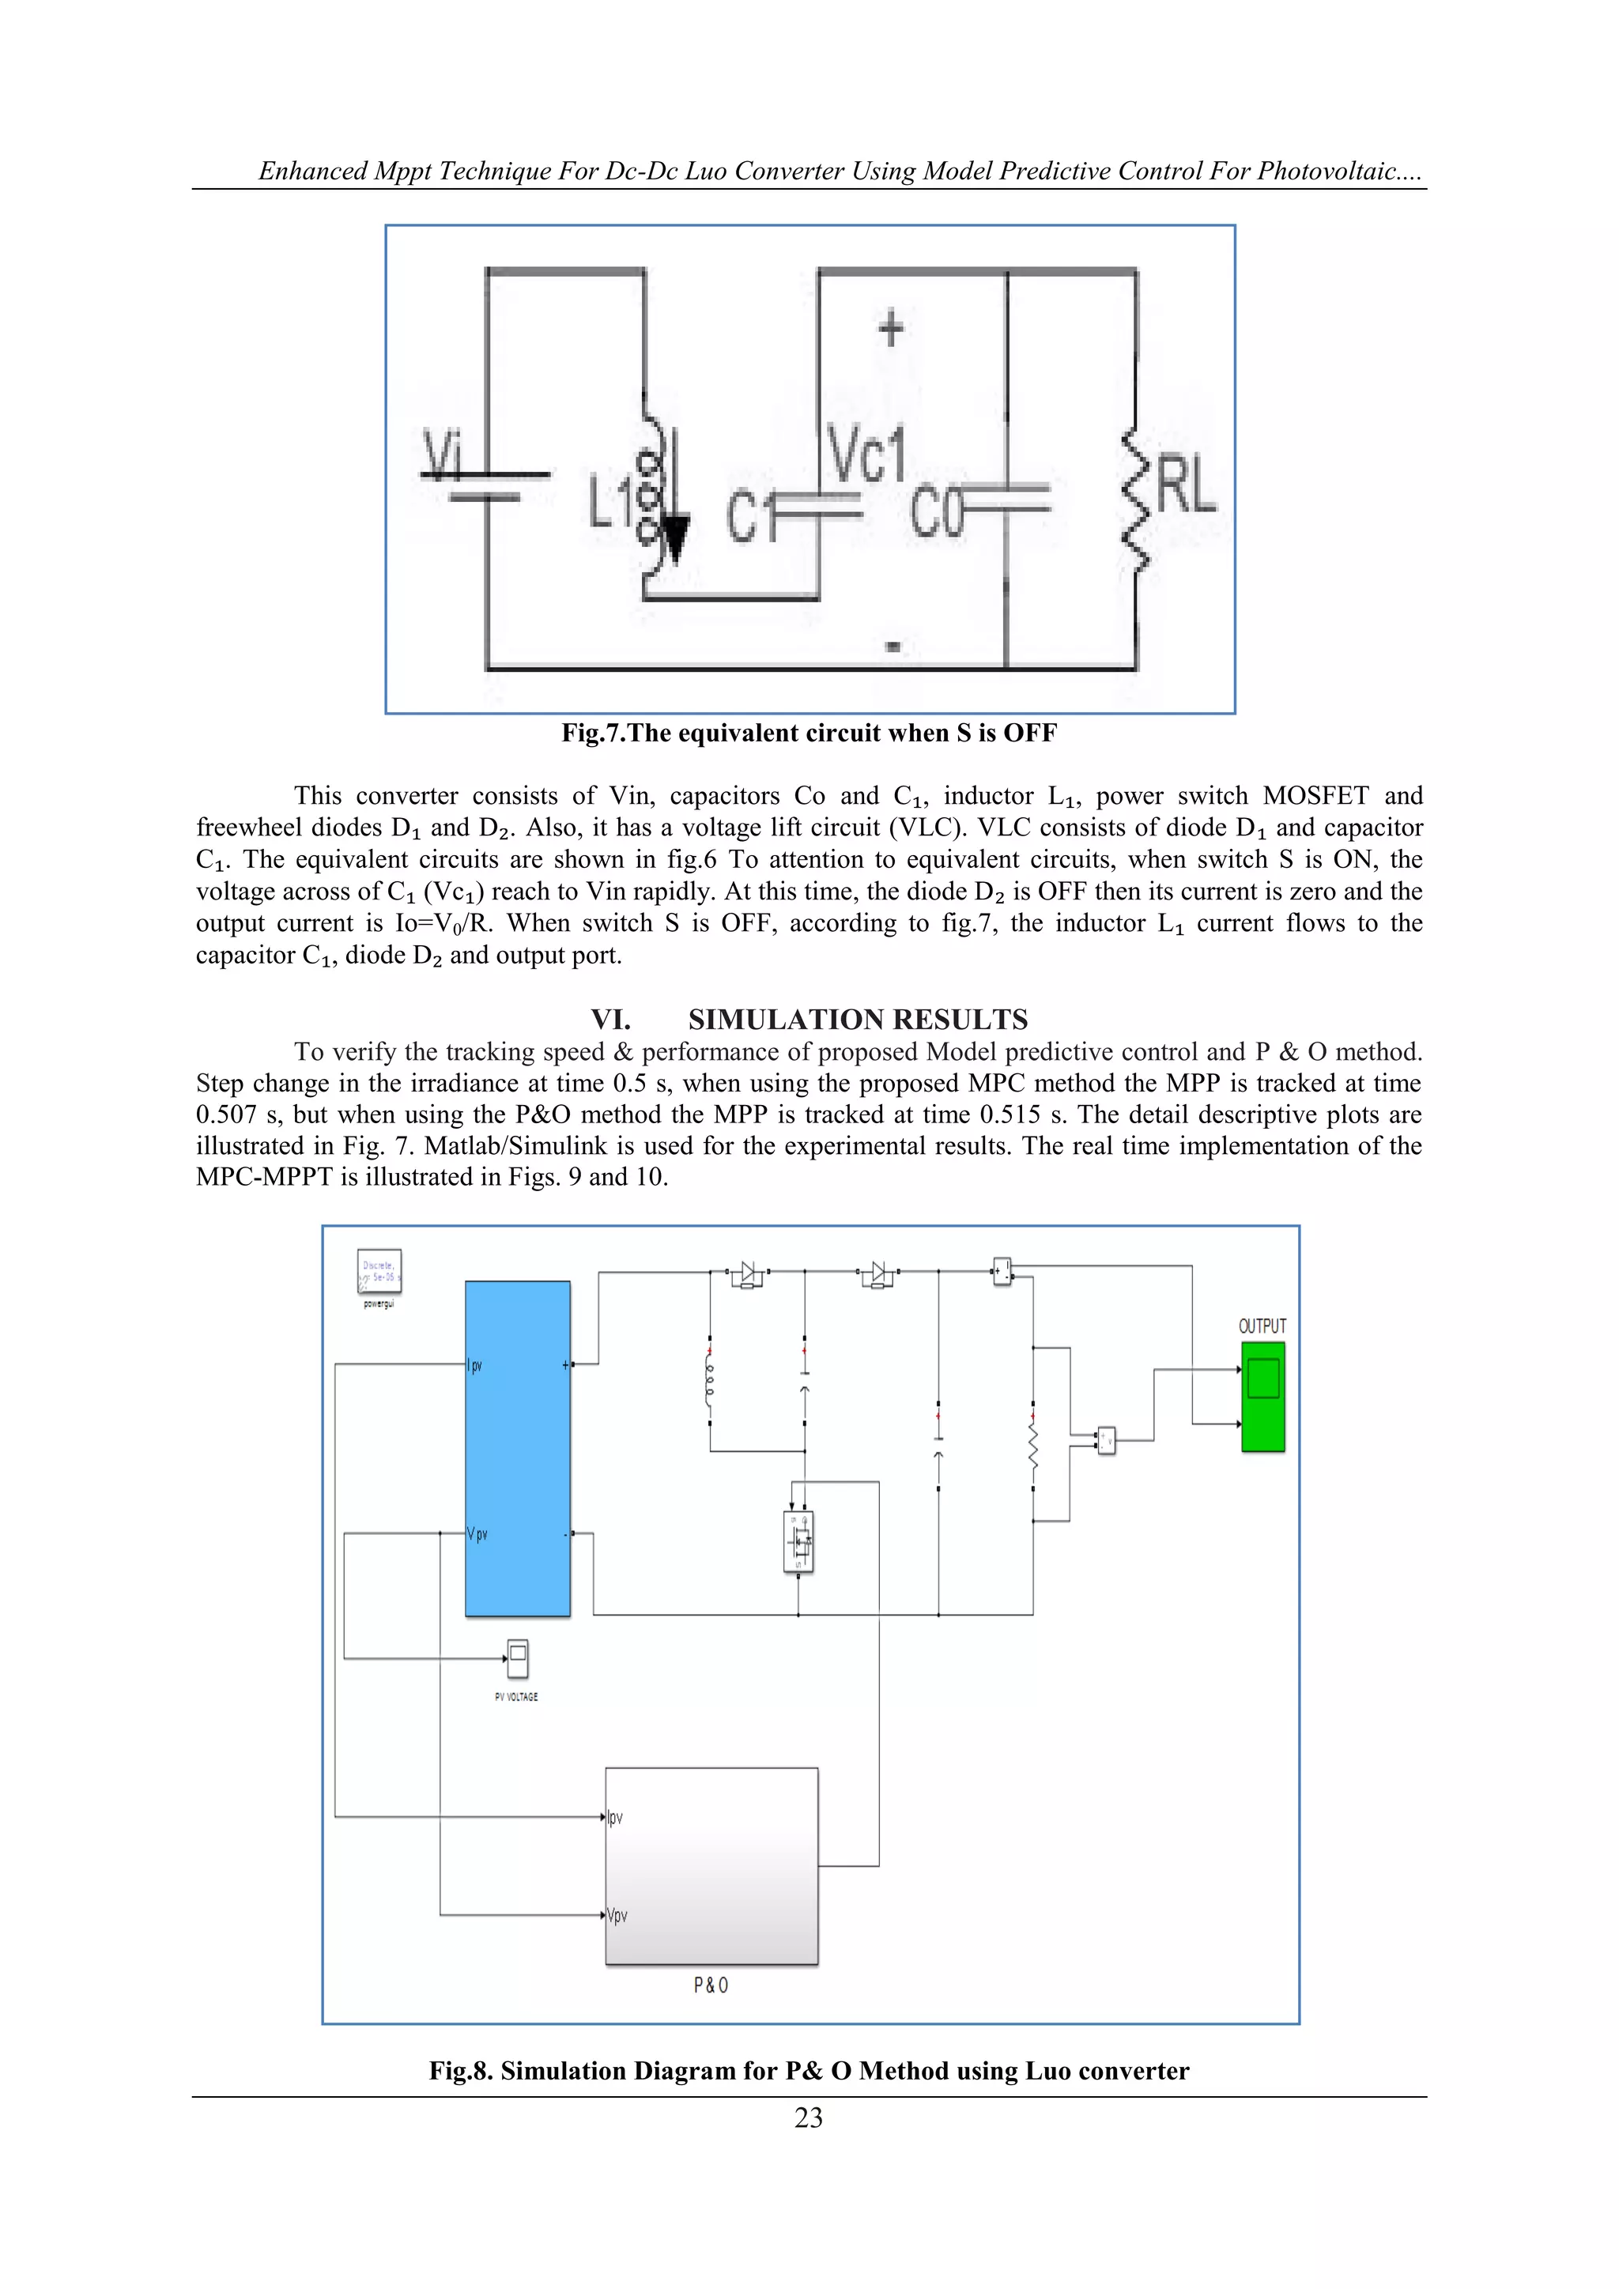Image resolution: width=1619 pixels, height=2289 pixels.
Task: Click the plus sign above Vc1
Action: click(890, 328)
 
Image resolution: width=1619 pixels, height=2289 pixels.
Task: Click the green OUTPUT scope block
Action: click(1262, 1396)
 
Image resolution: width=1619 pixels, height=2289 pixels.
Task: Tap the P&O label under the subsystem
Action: click(711, 1985)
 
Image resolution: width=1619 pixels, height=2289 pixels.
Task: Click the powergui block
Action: click(379, 1271)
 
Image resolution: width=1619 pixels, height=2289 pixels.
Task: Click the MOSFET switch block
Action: click(798, 1542)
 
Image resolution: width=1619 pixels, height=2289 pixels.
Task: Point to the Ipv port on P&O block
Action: click(615, 1817)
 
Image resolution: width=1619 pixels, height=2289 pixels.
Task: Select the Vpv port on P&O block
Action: click(617, 1915)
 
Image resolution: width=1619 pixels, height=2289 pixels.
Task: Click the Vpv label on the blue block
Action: click(477, 1534)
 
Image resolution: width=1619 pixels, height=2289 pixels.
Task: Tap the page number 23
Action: click(809, 2117)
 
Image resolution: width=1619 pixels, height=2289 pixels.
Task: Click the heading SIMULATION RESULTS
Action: click(858, 1019)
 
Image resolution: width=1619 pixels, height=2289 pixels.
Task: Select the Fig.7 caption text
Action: click(809, 733)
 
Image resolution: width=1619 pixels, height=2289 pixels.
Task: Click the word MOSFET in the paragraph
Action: click(1315, 796)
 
